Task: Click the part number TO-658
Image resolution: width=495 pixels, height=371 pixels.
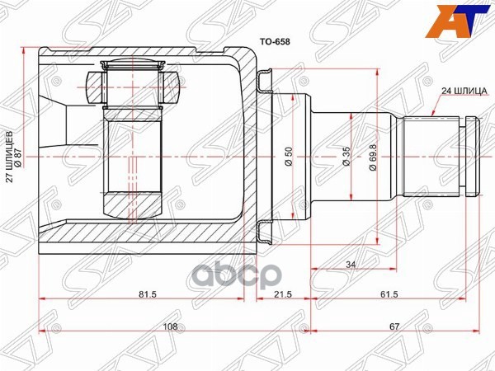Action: tap(275, 42)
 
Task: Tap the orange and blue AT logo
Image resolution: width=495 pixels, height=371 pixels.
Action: tap(459, 21)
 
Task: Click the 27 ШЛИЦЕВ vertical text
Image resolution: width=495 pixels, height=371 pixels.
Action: tap(10, 157)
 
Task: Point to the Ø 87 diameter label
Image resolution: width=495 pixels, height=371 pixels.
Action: tap(18, 157)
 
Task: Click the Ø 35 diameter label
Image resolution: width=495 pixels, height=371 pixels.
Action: tap(346, 157)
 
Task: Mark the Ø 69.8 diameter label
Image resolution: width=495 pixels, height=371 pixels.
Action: tap(373, 157)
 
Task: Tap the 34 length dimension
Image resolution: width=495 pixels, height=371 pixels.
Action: tap(351, 265)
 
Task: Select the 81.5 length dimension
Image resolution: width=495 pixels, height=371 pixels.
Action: tap(148, 294)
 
